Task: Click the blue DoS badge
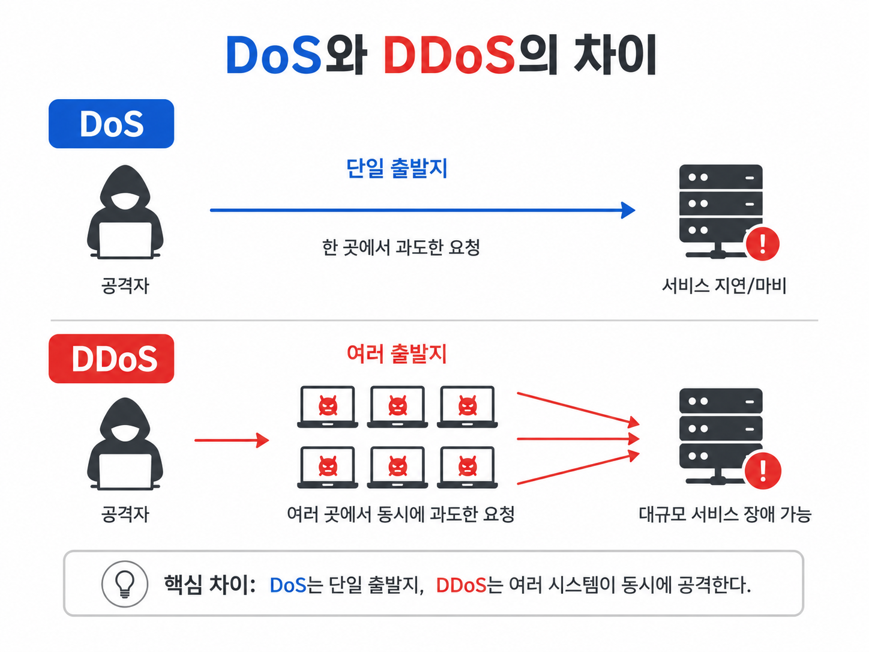(x=111, y=124)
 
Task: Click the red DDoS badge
(x=111, y=358)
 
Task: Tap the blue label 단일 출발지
(x=397, y=168)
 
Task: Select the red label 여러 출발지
(x=397, y=354)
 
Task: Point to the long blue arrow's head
(x=628, y=210)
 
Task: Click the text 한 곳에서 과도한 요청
(x=401, y=247)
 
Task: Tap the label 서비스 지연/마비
(x=724, y=285)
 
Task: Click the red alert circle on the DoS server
(x=763, y=244)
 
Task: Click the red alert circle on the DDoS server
(x=763, y=471)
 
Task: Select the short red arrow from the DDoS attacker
(x=232, y=440)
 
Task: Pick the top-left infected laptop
(x=328, y=407)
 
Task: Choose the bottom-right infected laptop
(x=467, y=468)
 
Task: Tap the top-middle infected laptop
(x=397, y=407)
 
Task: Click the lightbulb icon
(x=125, y=584)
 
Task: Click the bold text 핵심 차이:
(x=210, y=585)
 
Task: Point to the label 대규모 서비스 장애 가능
(x=725, y=515)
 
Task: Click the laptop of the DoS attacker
(x=125, y=240)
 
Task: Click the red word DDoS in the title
(x=450, y=55)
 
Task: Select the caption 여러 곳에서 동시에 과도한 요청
(x=401, y=515)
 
